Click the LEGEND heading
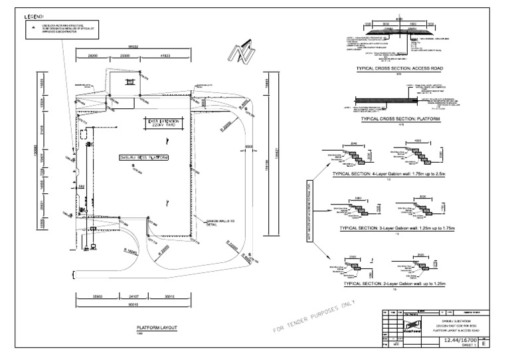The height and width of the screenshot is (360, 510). [34, 15]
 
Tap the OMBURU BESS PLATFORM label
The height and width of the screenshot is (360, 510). [143, 157]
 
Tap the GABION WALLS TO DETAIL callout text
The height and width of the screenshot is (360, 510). [221, 222]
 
